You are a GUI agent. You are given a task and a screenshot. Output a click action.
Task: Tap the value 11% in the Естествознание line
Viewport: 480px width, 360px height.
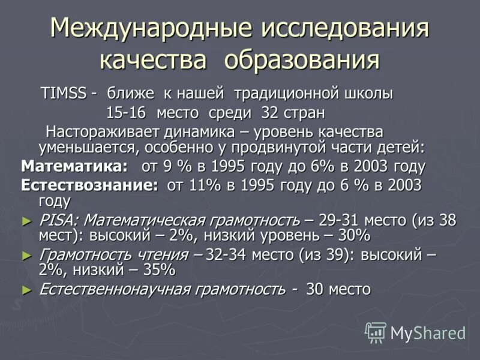205,185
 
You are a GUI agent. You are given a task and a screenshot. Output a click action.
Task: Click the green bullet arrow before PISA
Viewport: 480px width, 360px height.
26,221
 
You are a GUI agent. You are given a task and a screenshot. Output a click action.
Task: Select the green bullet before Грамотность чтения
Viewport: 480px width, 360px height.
26,256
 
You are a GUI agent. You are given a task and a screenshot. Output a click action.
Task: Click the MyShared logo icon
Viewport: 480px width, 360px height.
376,332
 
